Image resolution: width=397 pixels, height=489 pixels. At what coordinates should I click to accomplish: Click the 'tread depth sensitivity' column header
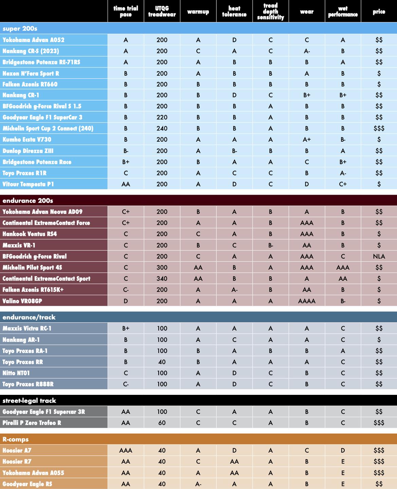270,12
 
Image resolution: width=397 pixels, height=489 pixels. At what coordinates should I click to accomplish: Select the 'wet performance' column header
343,12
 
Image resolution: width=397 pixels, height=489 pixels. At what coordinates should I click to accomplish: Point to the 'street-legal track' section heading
29,401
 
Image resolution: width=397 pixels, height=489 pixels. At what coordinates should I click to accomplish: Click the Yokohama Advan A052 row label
33,40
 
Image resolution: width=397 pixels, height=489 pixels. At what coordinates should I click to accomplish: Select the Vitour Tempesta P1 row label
28,184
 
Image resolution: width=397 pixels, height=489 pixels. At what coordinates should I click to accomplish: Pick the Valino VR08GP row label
22,301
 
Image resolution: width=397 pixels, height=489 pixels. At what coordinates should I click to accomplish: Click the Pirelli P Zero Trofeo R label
32,423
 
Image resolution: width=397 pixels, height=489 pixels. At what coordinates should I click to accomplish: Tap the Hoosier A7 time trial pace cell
126,451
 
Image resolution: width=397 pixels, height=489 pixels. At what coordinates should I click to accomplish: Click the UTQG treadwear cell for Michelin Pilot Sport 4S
162,267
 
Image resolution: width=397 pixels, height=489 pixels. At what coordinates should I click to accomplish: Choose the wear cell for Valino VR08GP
307,301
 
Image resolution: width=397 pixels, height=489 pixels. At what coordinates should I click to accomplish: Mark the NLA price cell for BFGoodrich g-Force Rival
379,257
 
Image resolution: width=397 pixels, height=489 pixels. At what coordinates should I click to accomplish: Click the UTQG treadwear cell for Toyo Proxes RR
162,362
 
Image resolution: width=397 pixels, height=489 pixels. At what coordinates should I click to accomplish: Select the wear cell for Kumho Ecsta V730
307,140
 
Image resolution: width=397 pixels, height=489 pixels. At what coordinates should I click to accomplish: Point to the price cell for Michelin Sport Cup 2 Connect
379,128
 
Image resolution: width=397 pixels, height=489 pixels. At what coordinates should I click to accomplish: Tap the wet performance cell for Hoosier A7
343,451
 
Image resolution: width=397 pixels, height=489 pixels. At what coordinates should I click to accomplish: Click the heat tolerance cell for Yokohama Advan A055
234,473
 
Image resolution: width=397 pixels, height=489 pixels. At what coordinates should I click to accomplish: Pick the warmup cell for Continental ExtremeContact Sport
198,279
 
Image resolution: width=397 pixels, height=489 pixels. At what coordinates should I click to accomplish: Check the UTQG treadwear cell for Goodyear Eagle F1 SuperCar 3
162,117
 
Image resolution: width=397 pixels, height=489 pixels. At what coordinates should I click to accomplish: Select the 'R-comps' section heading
16,439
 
